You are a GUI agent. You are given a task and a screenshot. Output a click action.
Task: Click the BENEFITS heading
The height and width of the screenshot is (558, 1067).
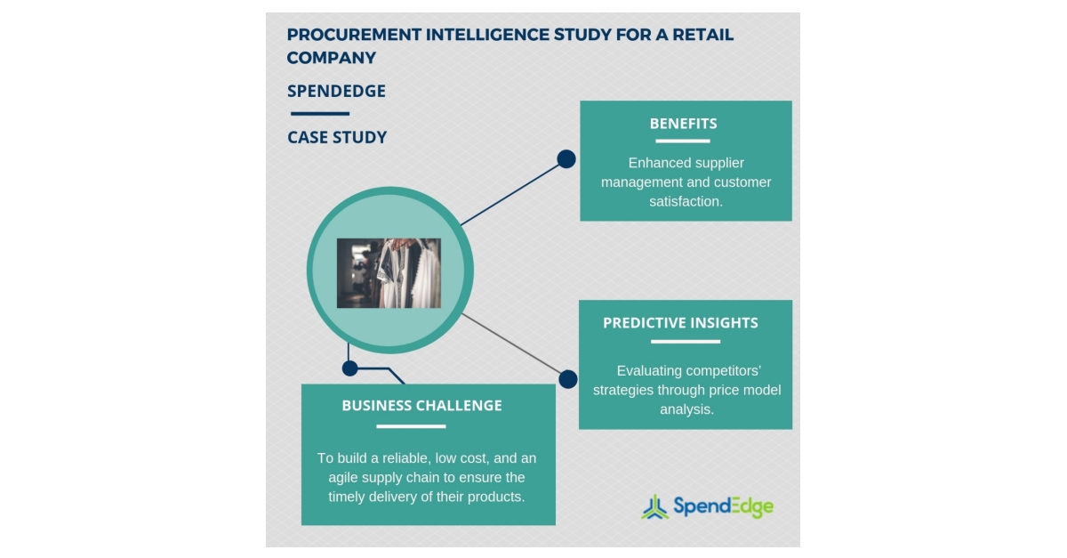pos(683,124)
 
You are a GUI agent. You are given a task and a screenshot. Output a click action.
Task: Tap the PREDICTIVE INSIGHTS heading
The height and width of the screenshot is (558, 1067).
pos(680,323)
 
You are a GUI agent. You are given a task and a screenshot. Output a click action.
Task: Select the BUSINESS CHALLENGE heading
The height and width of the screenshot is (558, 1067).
pos(421,406)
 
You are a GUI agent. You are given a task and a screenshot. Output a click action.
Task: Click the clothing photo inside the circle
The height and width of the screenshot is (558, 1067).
pos(389,273)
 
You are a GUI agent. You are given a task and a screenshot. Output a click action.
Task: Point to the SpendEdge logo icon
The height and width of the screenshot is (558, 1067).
pos(655,506)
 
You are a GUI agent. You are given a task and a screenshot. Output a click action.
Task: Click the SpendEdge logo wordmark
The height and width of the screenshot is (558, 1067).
pos(723,506)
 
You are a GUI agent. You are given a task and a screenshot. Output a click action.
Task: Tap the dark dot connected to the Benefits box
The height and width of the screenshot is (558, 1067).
pos(566,159)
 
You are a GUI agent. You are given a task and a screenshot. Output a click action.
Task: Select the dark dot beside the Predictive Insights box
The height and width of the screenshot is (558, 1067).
pos(568,379)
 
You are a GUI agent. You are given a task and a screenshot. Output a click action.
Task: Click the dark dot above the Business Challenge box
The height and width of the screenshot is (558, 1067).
pos(349,368)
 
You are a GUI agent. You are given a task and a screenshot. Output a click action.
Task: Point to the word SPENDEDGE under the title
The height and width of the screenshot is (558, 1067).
pos(336,92)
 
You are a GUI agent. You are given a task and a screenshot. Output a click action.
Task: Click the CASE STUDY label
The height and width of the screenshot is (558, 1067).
pos(337,138)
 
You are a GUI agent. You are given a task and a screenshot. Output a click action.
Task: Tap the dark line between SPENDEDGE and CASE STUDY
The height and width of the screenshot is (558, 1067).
pos(319,114)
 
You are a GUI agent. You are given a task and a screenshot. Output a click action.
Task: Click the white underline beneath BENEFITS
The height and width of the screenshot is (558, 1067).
pos(683,141)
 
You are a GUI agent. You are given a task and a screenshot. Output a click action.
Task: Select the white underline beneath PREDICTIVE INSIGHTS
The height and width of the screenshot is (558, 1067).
pos(685,341)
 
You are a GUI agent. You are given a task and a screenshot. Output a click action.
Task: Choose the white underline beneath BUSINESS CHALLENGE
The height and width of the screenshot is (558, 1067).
pos(405,426)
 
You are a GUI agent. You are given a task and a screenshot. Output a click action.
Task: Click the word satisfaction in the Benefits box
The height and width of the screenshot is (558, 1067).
pos(686,201)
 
